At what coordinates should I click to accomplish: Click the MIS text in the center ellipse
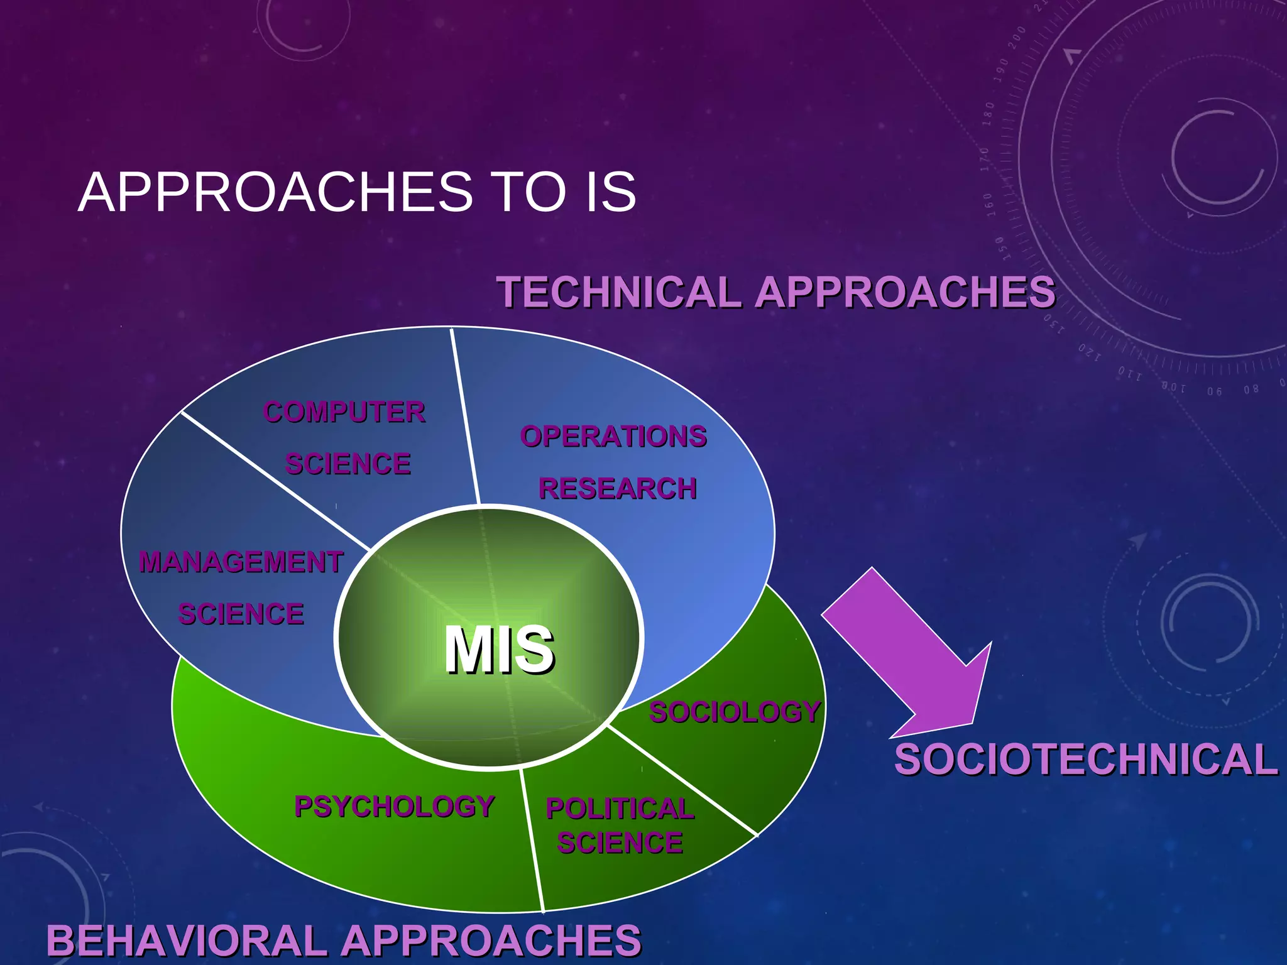(x=500, y=650)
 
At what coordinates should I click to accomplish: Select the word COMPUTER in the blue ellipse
(x=344, y=413)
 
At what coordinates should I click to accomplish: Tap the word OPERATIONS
(x=613, y=437)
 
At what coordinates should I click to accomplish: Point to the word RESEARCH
(x=618, y=489)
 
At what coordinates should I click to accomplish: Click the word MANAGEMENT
(x=241, y=562)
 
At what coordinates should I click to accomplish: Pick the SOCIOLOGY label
(x=735, y=712)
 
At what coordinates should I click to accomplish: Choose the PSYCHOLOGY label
(x=395, y=807)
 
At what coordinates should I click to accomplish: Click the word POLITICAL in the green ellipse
(x=620, y=809)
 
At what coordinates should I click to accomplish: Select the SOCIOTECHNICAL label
(x=1086, y=760)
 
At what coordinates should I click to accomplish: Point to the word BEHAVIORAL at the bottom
(x=187, y=941)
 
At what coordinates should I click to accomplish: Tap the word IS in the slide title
(x=610, y=192)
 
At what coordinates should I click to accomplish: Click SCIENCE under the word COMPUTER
(x=348, y=464)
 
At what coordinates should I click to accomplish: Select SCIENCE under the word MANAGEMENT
(x=241, y=614)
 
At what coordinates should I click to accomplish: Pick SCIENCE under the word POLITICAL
(x=620, y=843)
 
